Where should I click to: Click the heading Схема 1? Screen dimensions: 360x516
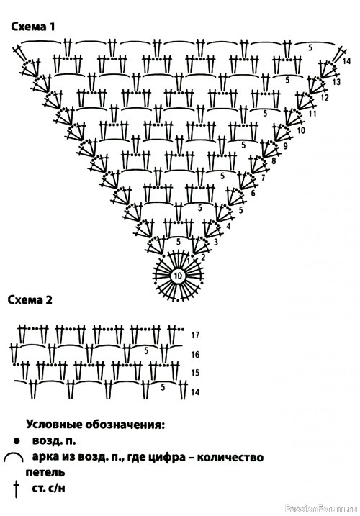pyautogui.click(x=33, y=27)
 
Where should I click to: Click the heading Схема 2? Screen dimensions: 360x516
pyautogui.click(x=30, y=300)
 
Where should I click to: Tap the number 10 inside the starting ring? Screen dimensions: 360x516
pyautogui.click(x=178, y=276)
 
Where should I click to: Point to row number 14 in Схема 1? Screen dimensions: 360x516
pyautogui.click(x=346, y=61)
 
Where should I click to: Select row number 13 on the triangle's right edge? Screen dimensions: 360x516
pyautogui.click(x=336, y=81)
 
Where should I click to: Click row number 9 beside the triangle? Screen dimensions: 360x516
pyautogui.click(x=285, y=145)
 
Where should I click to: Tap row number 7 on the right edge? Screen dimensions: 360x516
pyautogui.click(x=263, y=178)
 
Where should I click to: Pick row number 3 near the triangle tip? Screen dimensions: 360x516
pyautogui.click(x=216, y=243)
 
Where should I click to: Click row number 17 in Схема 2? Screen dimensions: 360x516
pyautogui.click(x=195, y=335)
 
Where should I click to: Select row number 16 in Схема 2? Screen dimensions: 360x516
pyautogui.click(x=195, y=354)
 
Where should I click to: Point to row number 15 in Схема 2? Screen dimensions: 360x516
pyautogui.click(x=195, y=373)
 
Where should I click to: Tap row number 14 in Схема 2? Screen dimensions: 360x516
pyautogui.click(x=195, y=392)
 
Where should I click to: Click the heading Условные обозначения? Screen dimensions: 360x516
pyautogui.click(x=95, y=425)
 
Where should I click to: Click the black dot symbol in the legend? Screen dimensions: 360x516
pyautogui.click(x=16, y=440)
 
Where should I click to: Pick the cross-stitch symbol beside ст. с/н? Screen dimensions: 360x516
pyautogui.click(x=16, y=489)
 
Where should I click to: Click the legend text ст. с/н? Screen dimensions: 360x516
pyautogui.click(x=49, y=488)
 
